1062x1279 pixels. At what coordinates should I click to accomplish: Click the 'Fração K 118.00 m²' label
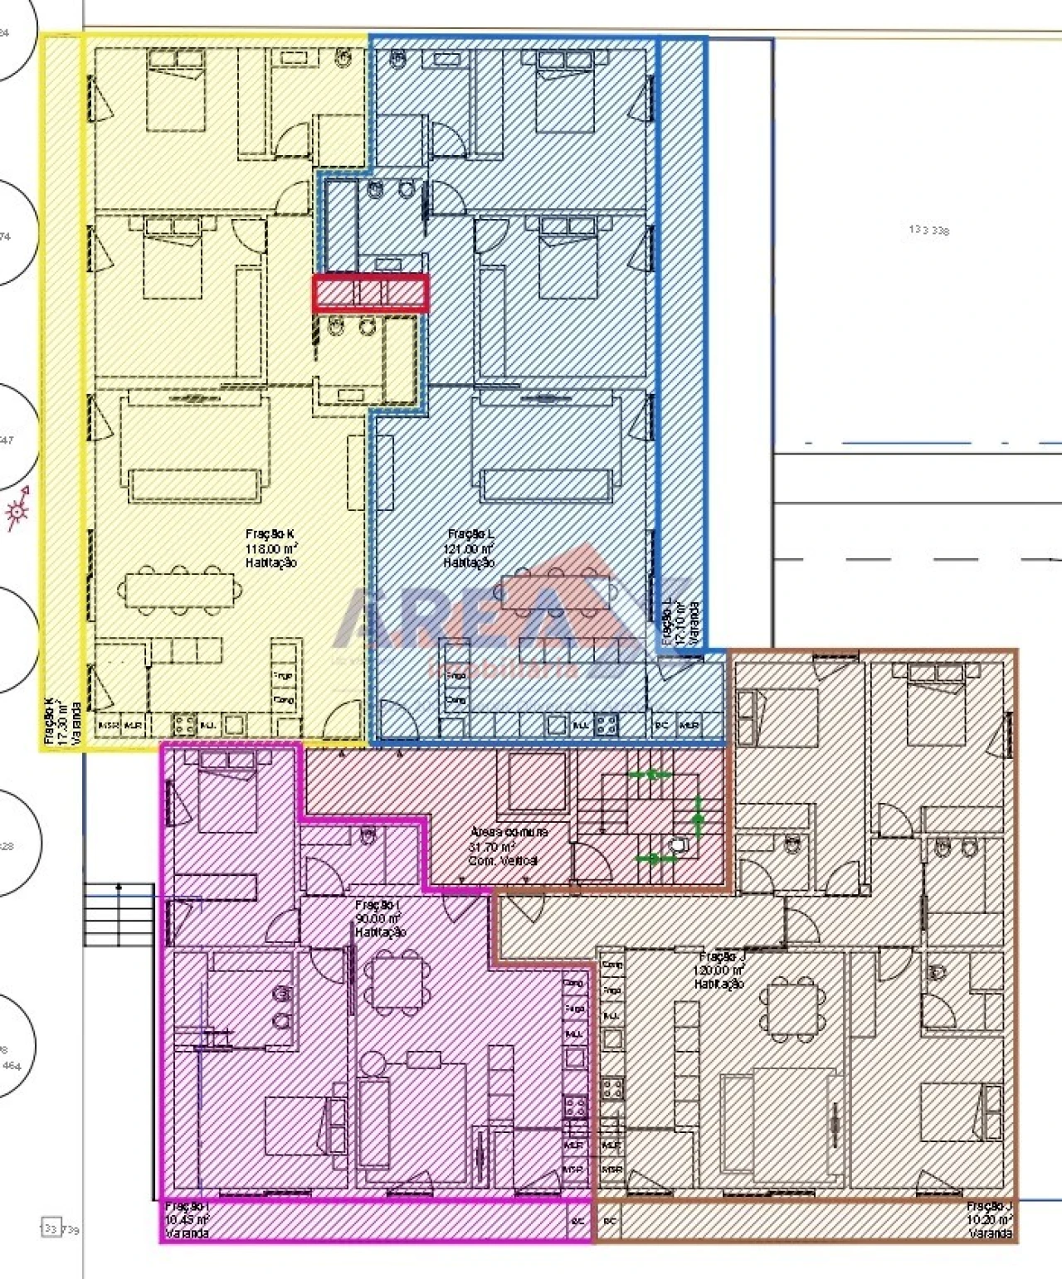[x=271, y=548]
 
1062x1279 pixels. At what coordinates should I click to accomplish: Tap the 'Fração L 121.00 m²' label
[x=470, y=548]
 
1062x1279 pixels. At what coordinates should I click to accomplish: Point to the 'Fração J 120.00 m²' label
[x=719, y=970]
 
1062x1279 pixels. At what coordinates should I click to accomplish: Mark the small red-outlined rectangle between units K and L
[x=371, y=294]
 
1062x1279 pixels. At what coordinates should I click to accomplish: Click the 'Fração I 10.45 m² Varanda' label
[x=187, y=1219]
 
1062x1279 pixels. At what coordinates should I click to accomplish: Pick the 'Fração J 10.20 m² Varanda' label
[x=989, y=1219]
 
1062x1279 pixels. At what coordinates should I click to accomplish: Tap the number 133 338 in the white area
[x=928, y=230]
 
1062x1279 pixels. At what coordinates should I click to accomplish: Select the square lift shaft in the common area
[x=537, y=781]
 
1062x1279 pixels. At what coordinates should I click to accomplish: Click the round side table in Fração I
[x=373, y=1063]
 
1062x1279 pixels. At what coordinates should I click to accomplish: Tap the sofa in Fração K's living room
[x=195, y=484]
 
